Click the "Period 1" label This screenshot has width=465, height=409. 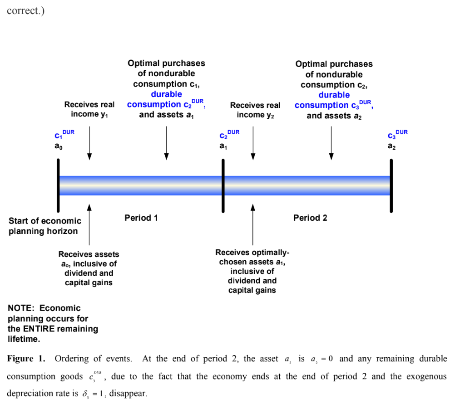point(141,218)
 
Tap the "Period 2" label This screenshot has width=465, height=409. point(310,218)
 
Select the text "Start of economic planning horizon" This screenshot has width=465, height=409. point(45,226)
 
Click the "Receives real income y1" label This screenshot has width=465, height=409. point(89,109)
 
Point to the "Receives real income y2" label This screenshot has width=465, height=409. point(255,110)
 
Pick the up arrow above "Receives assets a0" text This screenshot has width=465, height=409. point(89,224)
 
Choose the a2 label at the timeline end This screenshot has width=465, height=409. point(392,146)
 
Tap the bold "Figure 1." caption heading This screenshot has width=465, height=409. point(26,359)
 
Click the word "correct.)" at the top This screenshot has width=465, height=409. point(25,10)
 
